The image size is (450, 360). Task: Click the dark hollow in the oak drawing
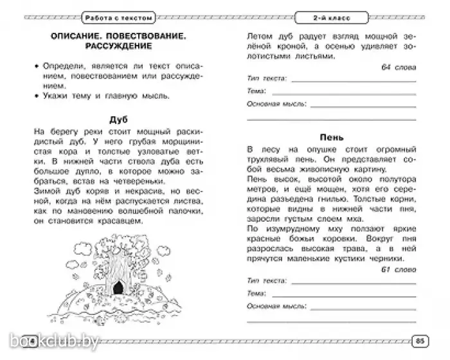[x=118, y=289]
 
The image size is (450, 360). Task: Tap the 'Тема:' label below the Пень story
[x=256, y=293]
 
